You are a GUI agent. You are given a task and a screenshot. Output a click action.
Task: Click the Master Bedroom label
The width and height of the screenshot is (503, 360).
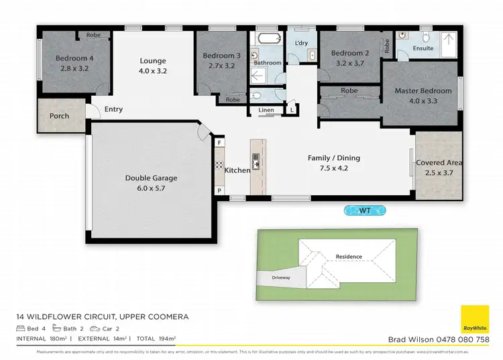coord(421,91)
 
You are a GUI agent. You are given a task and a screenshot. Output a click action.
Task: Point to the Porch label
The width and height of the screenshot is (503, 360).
coord(60,116)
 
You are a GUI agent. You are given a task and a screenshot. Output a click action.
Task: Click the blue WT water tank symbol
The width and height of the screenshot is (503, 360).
coord(366,211)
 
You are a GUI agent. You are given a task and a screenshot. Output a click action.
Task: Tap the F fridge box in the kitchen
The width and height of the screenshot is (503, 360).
coord(219,142)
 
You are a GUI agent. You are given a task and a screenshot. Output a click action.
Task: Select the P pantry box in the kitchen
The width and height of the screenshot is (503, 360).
coord(219,190)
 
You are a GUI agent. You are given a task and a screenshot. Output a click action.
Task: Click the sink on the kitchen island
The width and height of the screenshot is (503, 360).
coord(257,160)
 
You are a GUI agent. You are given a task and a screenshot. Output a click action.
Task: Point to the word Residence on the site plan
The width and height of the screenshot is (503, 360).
coord(349,257)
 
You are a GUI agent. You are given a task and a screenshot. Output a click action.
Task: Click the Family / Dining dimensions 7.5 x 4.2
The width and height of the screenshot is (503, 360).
coord(333,168)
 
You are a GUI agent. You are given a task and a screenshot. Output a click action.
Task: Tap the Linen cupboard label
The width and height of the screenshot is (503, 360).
coord(265,110)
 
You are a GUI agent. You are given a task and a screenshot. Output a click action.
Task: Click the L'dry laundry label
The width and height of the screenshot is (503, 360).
coord(301,44)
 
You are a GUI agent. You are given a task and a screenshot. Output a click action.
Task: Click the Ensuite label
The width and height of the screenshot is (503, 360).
coord(423,49)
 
